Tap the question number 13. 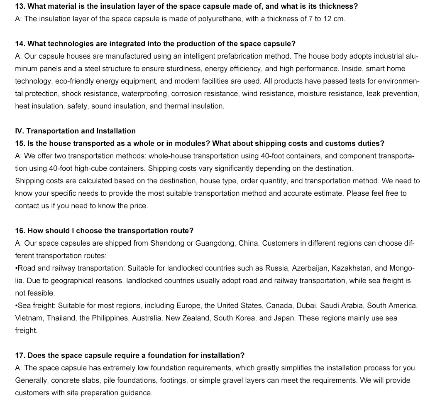pos(20,7)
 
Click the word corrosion pos(186,94)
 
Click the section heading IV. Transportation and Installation pos(75,131)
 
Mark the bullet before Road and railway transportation pos(16,269)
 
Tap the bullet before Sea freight pos(16,306)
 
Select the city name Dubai pos(306,306)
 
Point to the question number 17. pos(20,356)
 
